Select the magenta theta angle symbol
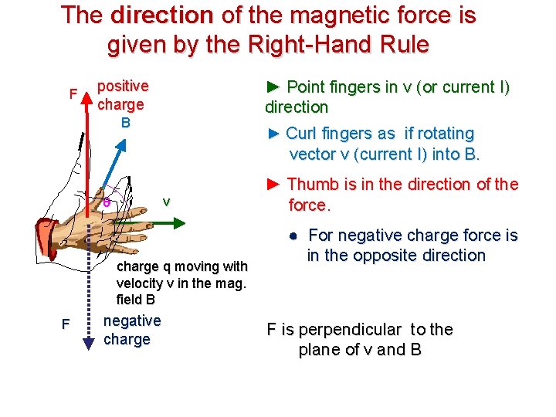[107, 202]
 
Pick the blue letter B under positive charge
[125, 122]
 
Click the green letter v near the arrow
[165, 202]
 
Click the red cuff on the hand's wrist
[48, 233]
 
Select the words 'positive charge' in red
[123, 95]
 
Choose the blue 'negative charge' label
[132, 330]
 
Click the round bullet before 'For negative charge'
[295, 236]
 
